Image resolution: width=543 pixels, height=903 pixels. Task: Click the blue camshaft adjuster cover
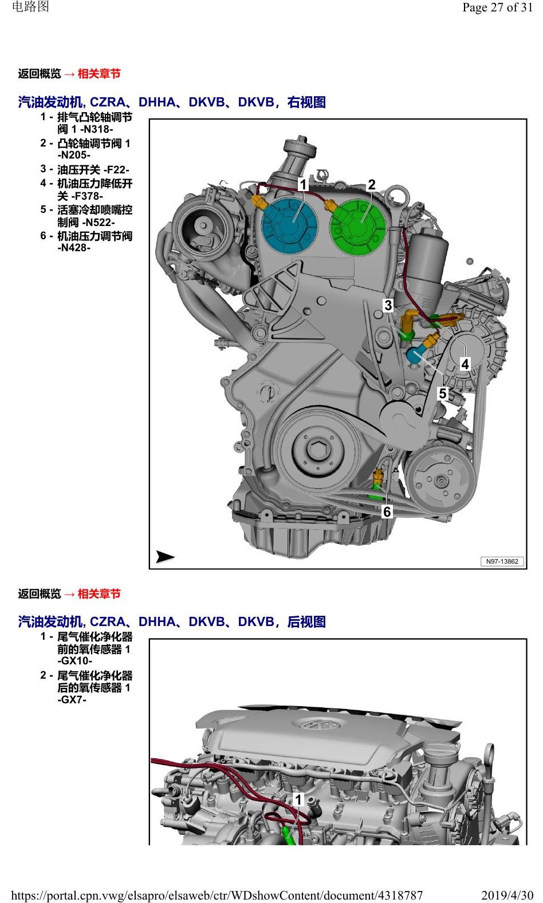[290, 226]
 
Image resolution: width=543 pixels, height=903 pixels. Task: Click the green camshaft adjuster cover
[358, 227]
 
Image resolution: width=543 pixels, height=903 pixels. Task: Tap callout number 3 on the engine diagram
[388, 305]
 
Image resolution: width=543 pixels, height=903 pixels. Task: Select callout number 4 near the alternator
[465, 364]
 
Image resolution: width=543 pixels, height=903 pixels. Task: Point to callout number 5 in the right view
[443, 393]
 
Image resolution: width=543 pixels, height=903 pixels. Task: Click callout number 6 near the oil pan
[387, 512]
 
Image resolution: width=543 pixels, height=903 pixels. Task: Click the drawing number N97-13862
[502, 561]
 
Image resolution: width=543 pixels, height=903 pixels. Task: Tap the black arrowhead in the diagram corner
[165, 557]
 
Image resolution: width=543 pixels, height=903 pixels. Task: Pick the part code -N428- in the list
[74, 248]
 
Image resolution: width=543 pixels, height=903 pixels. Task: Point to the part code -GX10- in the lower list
[74, 661]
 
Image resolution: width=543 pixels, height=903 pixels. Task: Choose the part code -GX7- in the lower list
[72, 699]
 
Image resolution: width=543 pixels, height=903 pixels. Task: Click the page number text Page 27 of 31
[497, 7]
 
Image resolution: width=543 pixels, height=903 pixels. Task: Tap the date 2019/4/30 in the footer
[507, 895]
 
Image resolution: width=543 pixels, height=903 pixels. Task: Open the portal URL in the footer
[217, 896]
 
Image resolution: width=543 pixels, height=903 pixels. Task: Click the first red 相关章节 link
[99, 74]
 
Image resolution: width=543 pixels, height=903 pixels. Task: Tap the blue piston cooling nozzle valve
[415, 355]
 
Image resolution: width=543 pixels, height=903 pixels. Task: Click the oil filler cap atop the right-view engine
[301, 146]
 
